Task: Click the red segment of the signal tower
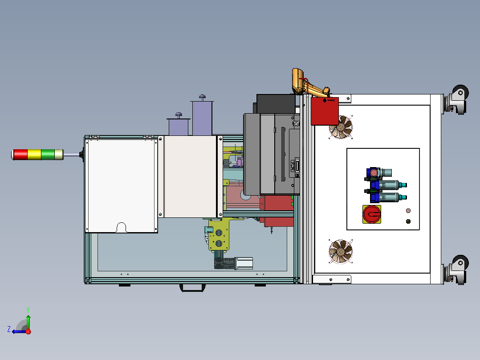coord(20,155)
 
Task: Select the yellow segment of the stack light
coord(34,155)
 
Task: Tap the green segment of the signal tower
coord(48,155)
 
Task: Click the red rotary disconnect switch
coord(372,214)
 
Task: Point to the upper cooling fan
coord(341,127)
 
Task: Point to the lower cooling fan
coord(341,252)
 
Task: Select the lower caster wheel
coord(460,262)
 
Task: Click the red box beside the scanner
coord(325,111)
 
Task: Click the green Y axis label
coord(28,310)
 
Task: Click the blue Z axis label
coord(9,329)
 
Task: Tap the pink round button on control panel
coord(408,210)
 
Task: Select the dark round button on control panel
coord(408,221)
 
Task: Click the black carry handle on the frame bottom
coord(192,288)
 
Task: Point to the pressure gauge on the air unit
coord(374,173)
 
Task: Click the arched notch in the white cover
coord(122,227)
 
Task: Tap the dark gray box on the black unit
coord(276,104)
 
